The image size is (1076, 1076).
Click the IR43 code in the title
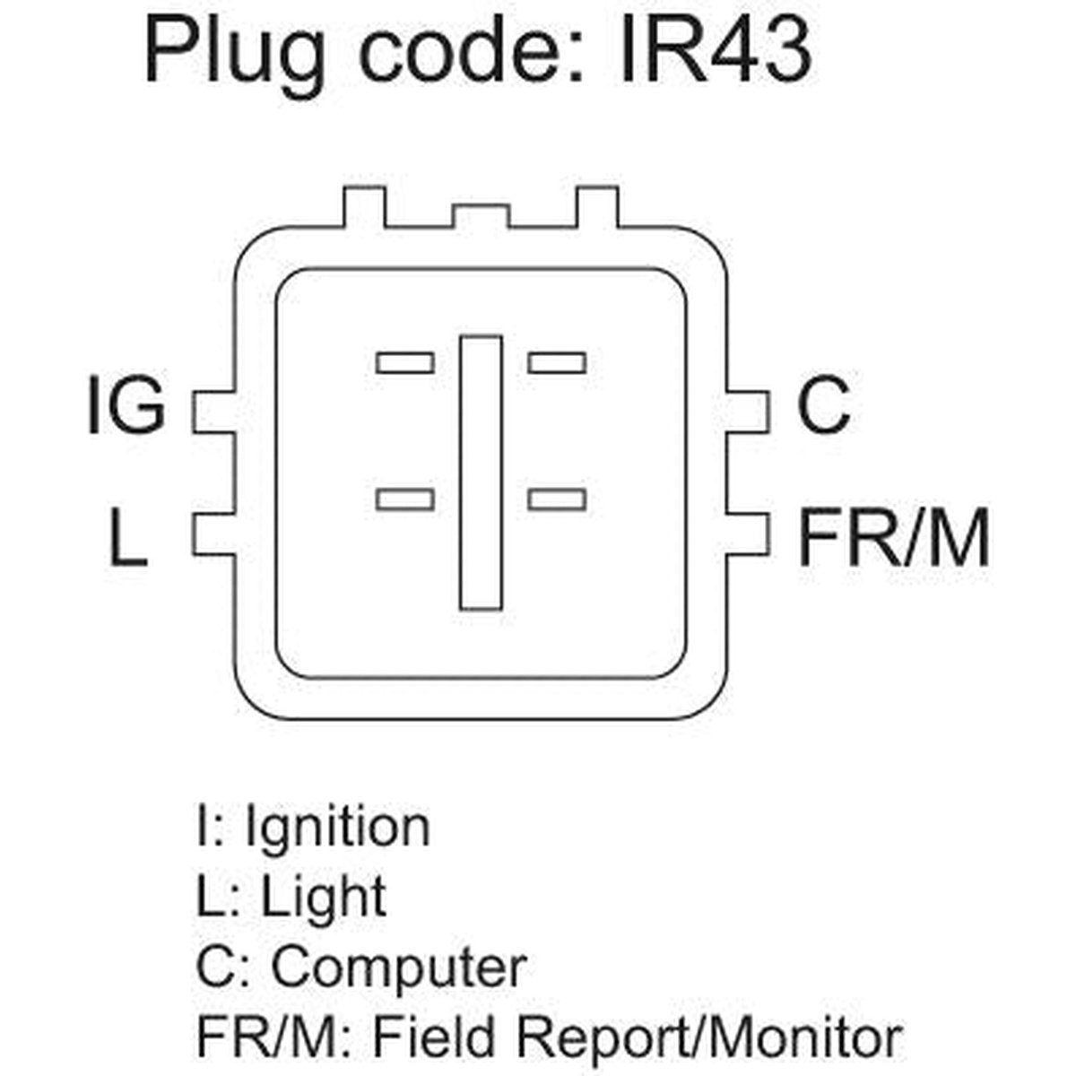(716, 49)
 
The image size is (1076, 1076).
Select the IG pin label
(126, 404)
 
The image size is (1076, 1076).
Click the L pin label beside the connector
(128, 536)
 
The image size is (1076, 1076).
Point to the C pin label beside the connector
(824, 404)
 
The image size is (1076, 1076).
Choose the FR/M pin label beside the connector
(894, 536)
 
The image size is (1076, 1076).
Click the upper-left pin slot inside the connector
(404, 362)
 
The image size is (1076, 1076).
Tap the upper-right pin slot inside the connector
(557, 362)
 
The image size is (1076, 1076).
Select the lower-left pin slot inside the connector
(404, 499)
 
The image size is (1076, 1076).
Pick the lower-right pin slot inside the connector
(557, 499)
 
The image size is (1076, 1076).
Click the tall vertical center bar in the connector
(481, 473)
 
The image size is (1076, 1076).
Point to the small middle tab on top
(481, 217)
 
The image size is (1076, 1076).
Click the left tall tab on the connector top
(364, 207)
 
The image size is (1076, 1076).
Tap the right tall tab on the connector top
(597, 207)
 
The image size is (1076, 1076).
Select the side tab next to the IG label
(213, 412)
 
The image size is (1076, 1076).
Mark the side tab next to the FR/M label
(748, 534)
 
